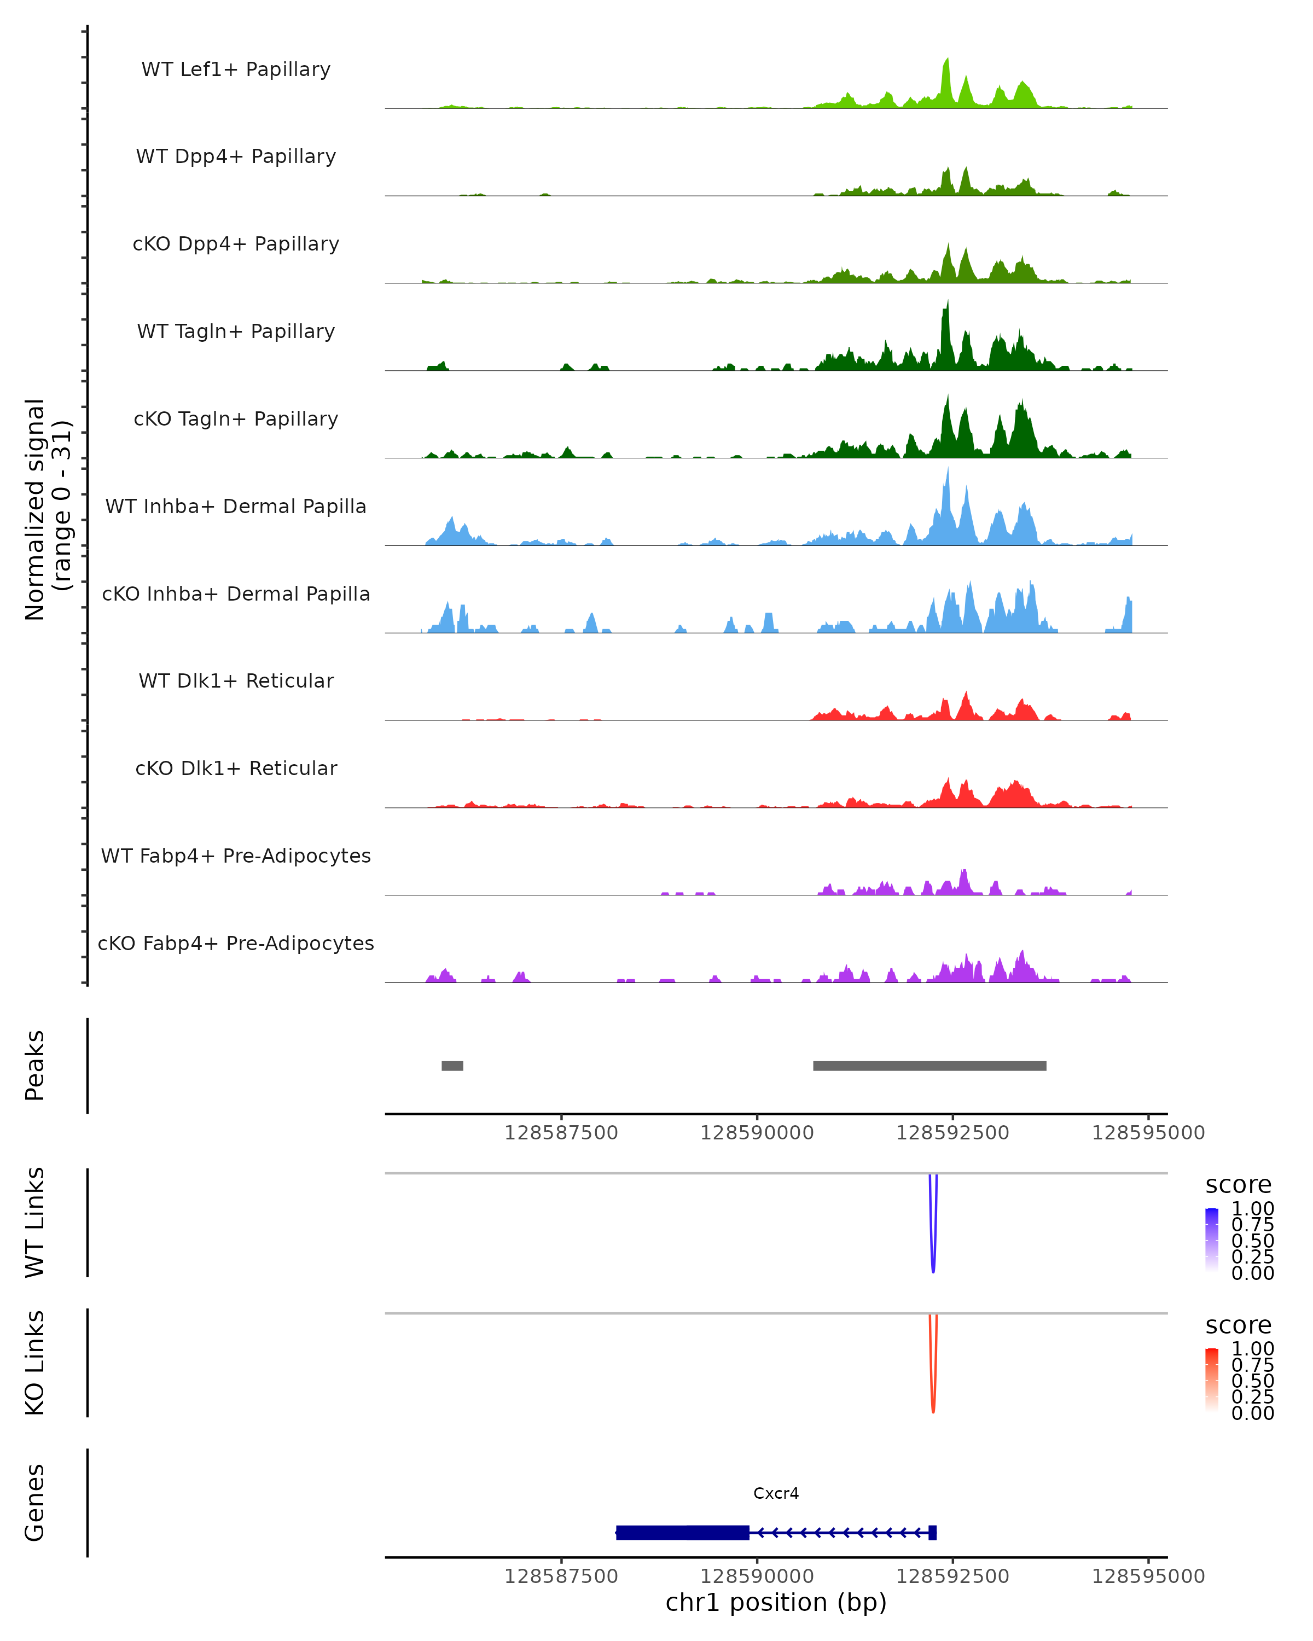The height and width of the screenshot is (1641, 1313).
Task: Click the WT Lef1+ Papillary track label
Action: click(x=236, y=69)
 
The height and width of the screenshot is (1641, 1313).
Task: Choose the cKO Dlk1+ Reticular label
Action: click(x=236, y=768)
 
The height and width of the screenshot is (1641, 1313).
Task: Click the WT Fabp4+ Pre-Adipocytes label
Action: click(x=236, y=856)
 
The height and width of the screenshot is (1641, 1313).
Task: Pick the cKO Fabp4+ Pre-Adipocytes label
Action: click(x=236, y=943)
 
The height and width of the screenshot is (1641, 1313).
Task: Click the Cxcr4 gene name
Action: click(x=776, y=1493)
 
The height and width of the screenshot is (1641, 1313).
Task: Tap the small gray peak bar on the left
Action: click(x=452, y=1066)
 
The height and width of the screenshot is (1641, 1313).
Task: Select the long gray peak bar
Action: click(x=929, y=1066)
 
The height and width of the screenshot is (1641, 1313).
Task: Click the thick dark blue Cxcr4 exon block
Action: click(x=682, y=1532)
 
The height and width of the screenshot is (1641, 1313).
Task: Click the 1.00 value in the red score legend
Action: click(x=1252, y=1349)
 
